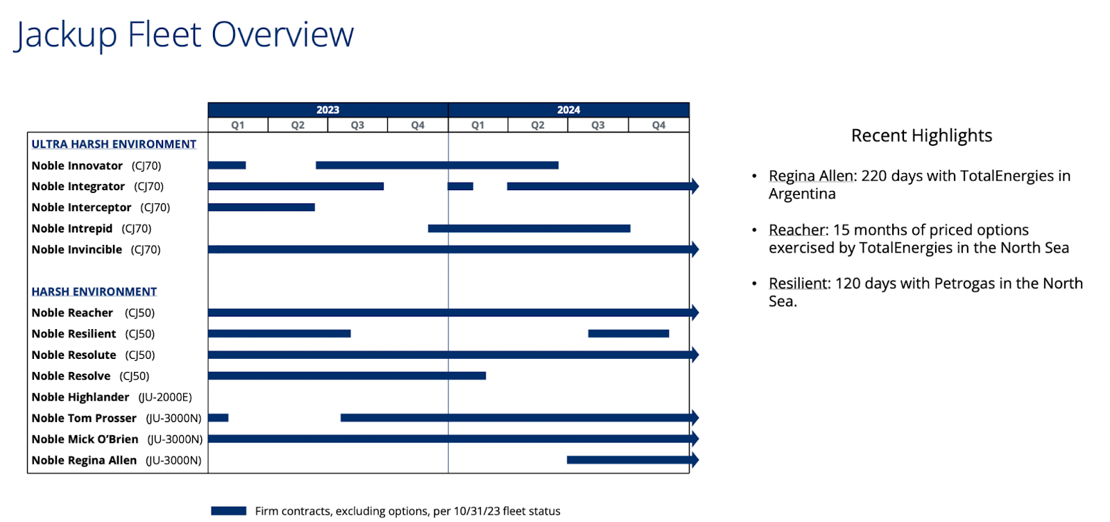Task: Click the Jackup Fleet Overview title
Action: point(185,35)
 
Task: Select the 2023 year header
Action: point(327,110)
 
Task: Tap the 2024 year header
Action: point(568,110)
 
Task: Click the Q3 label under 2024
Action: point(598,125)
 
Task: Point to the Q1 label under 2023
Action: point(238,125)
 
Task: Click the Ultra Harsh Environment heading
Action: point(114,144)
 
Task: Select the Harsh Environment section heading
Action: point(94,292)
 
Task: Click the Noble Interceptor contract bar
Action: point(262,207)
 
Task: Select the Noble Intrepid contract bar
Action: point(529,228)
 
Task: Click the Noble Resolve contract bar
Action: point(347,376)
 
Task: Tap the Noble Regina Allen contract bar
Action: point(629,460)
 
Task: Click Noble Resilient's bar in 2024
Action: point(629,334)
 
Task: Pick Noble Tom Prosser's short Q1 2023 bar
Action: point(218,418)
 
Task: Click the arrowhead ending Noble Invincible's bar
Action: point(694,249)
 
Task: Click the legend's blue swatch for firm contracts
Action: point(229,511)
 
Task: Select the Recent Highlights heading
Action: point(921,135)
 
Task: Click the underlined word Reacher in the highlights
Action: point(798,230)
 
